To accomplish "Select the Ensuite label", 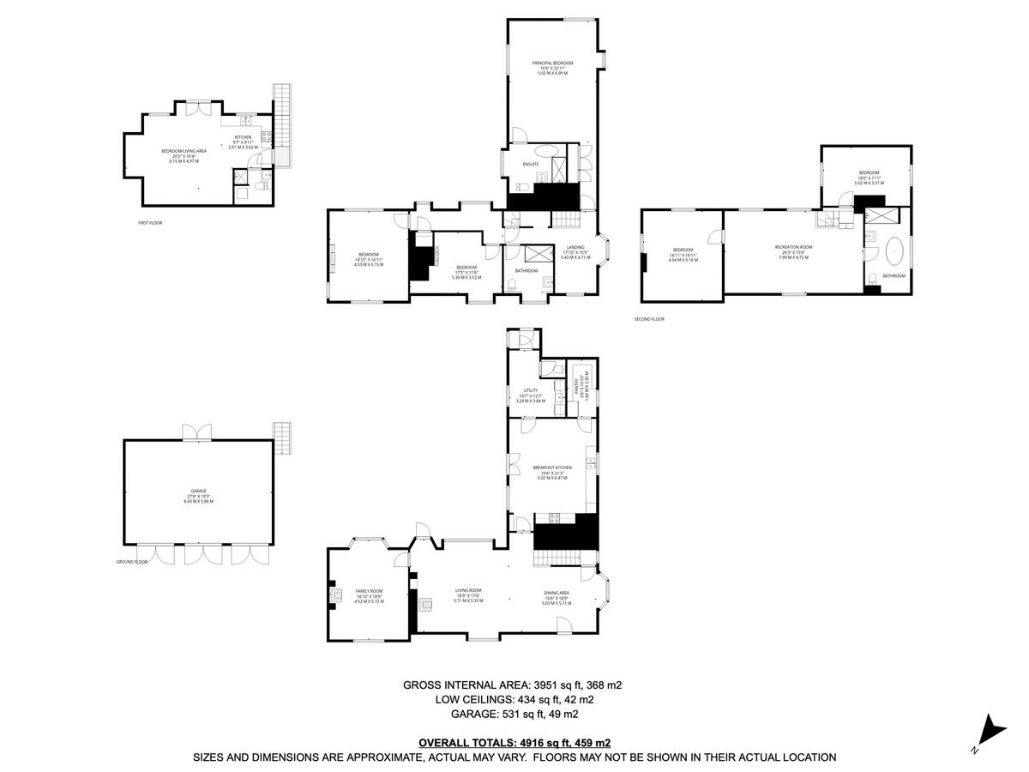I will (531, 164).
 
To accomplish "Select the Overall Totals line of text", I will (514, 743).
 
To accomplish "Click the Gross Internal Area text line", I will (512, 685).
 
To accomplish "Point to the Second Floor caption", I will (649, 319).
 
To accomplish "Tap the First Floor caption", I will (150, 222).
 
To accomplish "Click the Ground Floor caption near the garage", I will (132, 562).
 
